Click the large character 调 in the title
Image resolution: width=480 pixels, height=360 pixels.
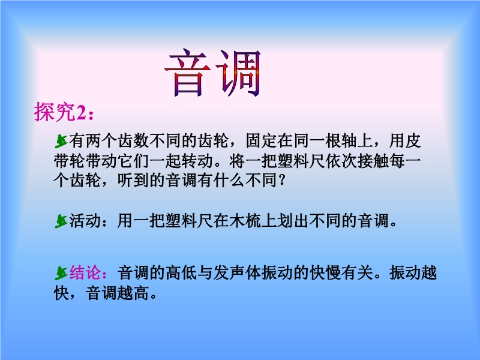(x=239, y=73)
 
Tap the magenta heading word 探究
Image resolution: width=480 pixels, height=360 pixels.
(x=55, y=112)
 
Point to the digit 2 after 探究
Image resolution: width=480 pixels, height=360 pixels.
(x=80, y=113)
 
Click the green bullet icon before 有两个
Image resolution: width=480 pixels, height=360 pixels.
(x=61, y=141)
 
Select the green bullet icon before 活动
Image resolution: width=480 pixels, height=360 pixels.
(x=61, y=221)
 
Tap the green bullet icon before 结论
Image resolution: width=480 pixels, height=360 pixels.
(x=61, y=273)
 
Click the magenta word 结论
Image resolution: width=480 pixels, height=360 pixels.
(x=85, y=272)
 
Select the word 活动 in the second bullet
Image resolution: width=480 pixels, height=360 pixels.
(x=85, y=220)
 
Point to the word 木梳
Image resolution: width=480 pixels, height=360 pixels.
(x=245, y=220)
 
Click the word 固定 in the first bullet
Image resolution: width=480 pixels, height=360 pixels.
(x=261, y=140)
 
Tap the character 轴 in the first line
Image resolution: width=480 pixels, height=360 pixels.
(x=349, y=140)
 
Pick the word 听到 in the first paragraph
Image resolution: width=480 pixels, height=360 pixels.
(x=133, y=181)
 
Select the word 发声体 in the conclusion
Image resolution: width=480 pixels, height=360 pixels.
(x=237, y=272)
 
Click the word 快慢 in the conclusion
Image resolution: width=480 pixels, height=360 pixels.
(x=325, y=272)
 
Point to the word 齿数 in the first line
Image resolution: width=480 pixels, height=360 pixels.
(x=133, y=140)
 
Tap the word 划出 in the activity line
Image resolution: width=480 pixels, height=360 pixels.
(x=293, y=220)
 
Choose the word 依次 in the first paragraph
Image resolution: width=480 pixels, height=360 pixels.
(x=341, y=161)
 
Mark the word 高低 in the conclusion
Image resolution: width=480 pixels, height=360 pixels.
(x=181, y=272)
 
